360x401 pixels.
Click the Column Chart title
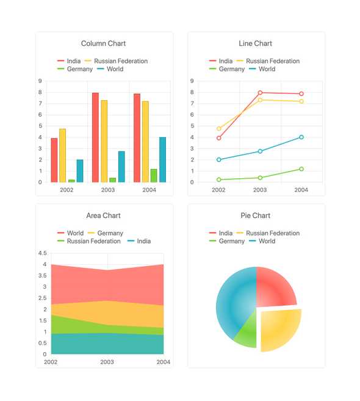103,43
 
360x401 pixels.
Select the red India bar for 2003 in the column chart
95,137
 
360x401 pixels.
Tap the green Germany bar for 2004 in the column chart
154,176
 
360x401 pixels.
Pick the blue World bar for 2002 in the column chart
80,171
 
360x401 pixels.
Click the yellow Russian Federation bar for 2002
62,156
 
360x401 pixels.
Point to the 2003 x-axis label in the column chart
108,190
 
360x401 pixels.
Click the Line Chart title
255,43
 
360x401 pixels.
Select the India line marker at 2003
260,93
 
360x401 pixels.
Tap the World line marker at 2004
301,137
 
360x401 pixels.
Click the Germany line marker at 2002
218,179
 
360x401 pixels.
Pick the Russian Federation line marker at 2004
301,101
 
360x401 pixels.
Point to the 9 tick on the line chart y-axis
192,81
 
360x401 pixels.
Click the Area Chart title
103,215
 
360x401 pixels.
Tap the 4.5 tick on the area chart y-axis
42,253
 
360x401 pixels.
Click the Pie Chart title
255,215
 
